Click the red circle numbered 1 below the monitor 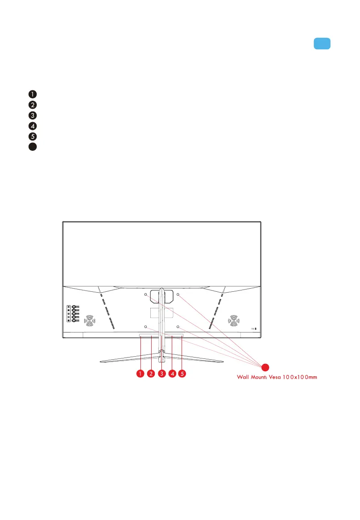[140, 373]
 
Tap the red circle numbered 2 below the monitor [151, 373]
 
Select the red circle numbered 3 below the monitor [162, 373]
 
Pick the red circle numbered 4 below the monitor [172, 373]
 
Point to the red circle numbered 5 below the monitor [182, 373]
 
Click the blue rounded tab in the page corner [322, 43]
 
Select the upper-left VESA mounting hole [146, 295]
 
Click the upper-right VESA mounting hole [178, 295]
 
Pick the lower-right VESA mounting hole [178, 327]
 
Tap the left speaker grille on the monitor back [90, 320]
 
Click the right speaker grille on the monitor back [233, 320]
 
